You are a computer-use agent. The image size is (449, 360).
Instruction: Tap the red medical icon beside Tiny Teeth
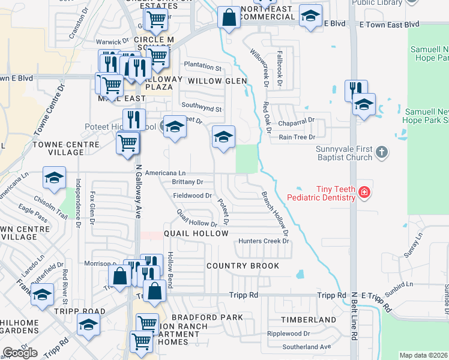(364, 193)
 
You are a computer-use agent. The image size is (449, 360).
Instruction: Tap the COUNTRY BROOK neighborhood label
(243, 266)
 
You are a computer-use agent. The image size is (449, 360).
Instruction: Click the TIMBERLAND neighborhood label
(311, 320)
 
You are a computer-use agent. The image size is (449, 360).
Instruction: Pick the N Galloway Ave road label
(138, 191)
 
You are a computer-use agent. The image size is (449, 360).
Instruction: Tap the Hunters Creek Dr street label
(264, 241)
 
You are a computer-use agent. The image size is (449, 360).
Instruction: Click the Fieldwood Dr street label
(192, 196)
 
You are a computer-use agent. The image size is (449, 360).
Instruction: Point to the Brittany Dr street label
(188, 182)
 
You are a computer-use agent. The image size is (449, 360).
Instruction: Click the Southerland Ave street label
(307, 347)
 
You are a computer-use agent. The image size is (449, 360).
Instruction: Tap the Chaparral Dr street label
(301, 120)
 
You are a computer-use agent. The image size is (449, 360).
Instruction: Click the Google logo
(20, 353)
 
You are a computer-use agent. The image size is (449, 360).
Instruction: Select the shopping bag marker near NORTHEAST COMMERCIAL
(229, 17)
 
